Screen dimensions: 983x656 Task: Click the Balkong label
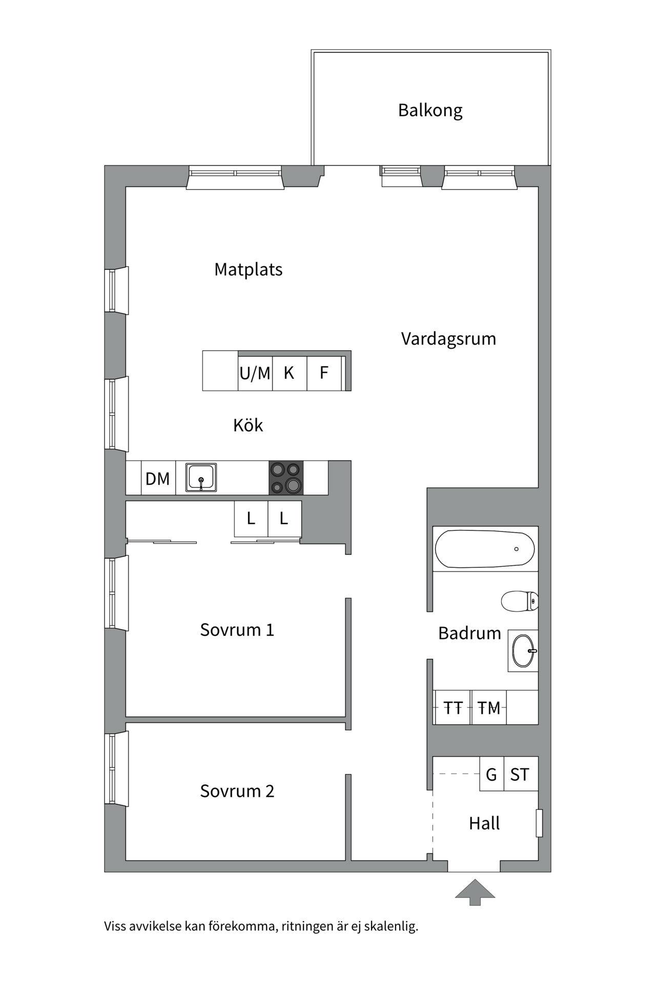[430, 111]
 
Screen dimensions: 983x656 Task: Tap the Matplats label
[248, 270]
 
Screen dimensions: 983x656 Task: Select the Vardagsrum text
[448, 339]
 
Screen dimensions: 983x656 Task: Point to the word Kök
[248, 425]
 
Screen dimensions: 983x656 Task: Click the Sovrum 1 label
[237, 630]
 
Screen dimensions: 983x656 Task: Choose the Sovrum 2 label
[237, 791]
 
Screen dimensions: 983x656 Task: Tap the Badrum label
[469, 633]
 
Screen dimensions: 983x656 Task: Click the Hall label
[484, 823]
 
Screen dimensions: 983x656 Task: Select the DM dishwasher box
[158, 479]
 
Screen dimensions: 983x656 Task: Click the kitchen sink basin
[201, 477]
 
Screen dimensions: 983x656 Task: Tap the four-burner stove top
[286, 478]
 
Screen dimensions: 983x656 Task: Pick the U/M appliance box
[255, 373]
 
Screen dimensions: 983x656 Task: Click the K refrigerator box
[289, 373]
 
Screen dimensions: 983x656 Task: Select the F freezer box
[324, 373]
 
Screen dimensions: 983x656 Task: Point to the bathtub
[484, 549]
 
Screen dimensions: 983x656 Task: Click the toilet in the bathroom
[519, 601]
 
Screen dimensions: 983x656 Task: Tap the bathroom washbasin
[523, 651]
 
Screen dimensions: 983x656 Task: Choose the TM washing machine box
[488, 708]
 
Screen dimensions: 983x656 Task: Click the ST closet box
[520, 775]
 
